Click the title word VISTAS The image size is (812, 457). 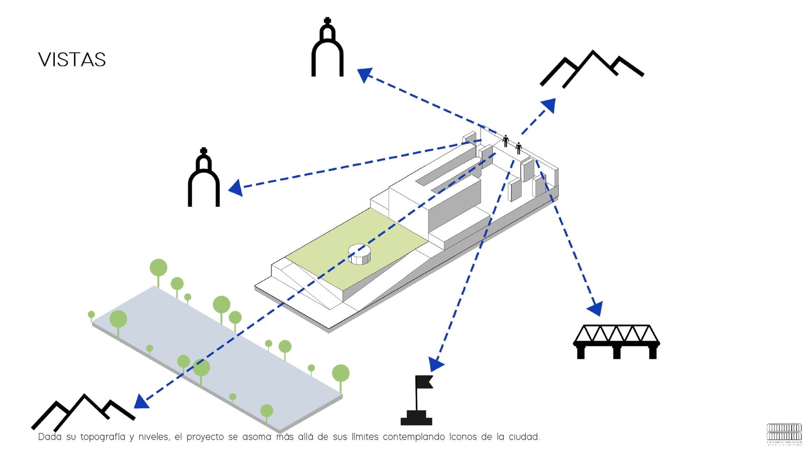72,60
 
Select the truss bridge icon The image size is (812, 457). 616,341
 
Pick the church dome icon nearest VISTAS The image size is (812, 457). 327,48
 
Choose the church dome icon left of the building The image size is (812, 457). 204,178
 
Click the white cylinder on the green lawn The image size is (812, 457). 359,253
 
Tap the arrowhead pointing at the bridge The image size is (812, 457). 595,308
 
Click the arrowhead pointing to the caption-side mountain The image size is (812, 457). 141,402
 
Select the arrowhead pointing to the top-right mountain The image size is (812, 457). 549,105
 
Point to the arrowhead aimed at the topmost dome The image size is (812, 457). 364,75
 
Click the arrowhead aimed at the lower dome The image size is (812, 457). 235,188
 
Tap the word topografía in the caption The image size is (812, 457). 103,437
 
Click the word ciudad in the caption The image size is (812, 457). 524,437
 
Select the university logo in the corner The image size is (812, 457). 784,434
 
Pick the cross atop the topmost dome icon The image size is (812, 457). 327,21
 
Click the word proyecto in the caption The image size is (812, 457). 205,437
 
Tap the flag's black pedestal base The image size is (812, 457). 416,419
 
